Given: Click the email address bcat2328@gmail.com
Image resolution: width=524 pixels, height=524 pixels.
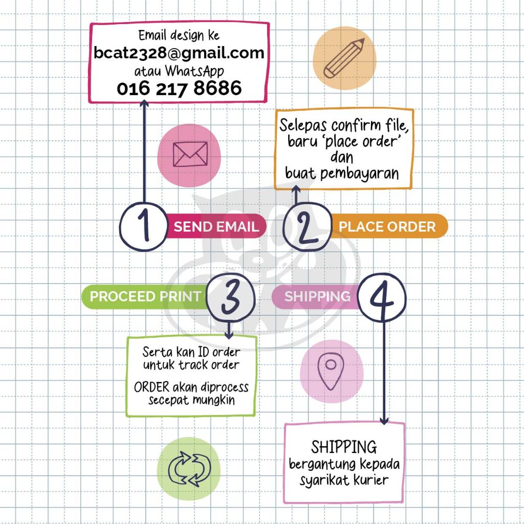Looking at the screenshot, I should [x=179, y=53].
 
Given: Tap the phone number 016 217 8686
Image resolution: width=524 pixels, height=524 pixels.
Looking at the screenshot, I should [x=179, y=89].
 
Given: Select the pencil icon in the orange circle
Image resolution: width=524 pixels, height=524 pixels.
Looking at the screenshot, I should [x=344, y=57].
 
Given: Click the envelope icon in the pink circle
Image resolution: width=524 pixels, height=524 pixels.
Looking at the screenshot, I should [x=190, y=154].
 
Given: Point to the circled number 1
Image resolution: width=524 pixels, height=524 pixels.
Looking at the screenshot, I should [x=144, y=227].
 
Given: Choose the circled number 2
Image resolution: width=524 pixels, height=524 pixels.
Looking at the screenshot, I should [x=307, y=227].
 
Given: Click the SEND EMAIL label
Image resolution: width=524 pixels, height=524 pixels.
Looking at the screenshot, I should [x=216, y=227].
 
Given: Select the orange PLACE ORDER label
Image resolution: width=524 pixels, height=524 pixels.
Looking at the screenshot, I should [x=387, y=227].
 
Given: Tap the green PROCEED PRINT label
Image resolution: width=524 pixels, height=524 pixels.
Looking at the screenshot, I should [x=145, y=297].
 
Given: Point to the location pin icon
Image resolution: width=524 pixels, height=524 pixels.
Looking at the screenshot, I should [x=330, y=369].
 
